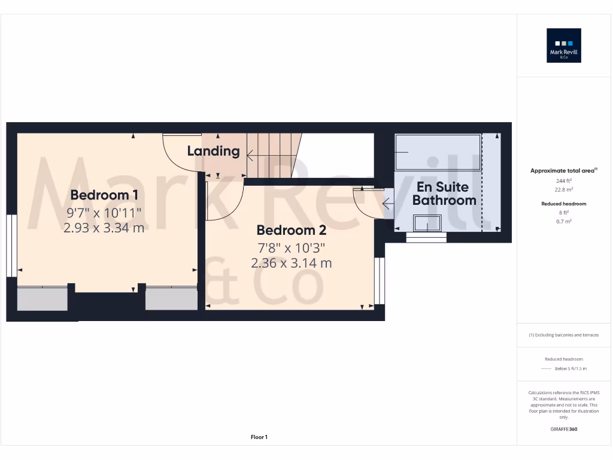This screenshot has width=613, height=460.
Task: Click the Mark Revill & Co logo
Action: tap(564, 46)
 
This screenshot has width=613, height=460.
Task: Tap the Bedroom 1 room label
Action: tap(104, 195)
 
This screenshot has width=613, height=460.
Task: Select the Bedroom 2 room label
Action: tap(291, 230)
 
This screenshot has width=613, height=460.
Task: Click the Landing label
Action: tap(213, 151)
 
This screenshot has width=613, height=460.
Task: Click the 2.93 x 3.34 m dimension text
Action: tap(104, 228)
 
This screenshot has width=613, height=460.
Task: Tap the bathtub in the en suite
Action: tap(438, 152)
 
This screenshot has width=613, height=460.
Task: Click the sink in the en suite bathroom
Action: tap(427, 223)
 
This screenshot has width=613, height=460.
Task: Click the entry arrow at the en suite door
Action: tap(388, 205)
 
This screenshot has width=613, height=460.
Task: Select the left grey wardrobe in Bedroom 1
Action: tap(42, 299)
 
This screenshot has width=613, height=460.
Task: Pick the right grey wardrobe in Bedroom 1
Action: tap(171, 299)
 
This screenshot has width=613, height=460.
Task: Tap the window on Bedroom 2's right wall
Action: tap(379, 280)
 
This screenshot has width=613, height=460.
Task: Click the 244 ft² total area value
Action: tap(564, 180)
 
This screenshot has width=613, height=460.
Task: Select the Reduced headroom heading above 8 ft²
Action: tap(564, 204)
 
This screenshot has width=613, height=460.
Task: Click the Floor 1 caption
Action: tap(259, 437)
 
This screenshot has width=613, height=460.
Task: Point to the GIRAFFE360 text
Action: tap(564, 429)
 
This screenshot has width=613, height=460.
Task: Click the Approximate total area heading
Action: tap(563, 171)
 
